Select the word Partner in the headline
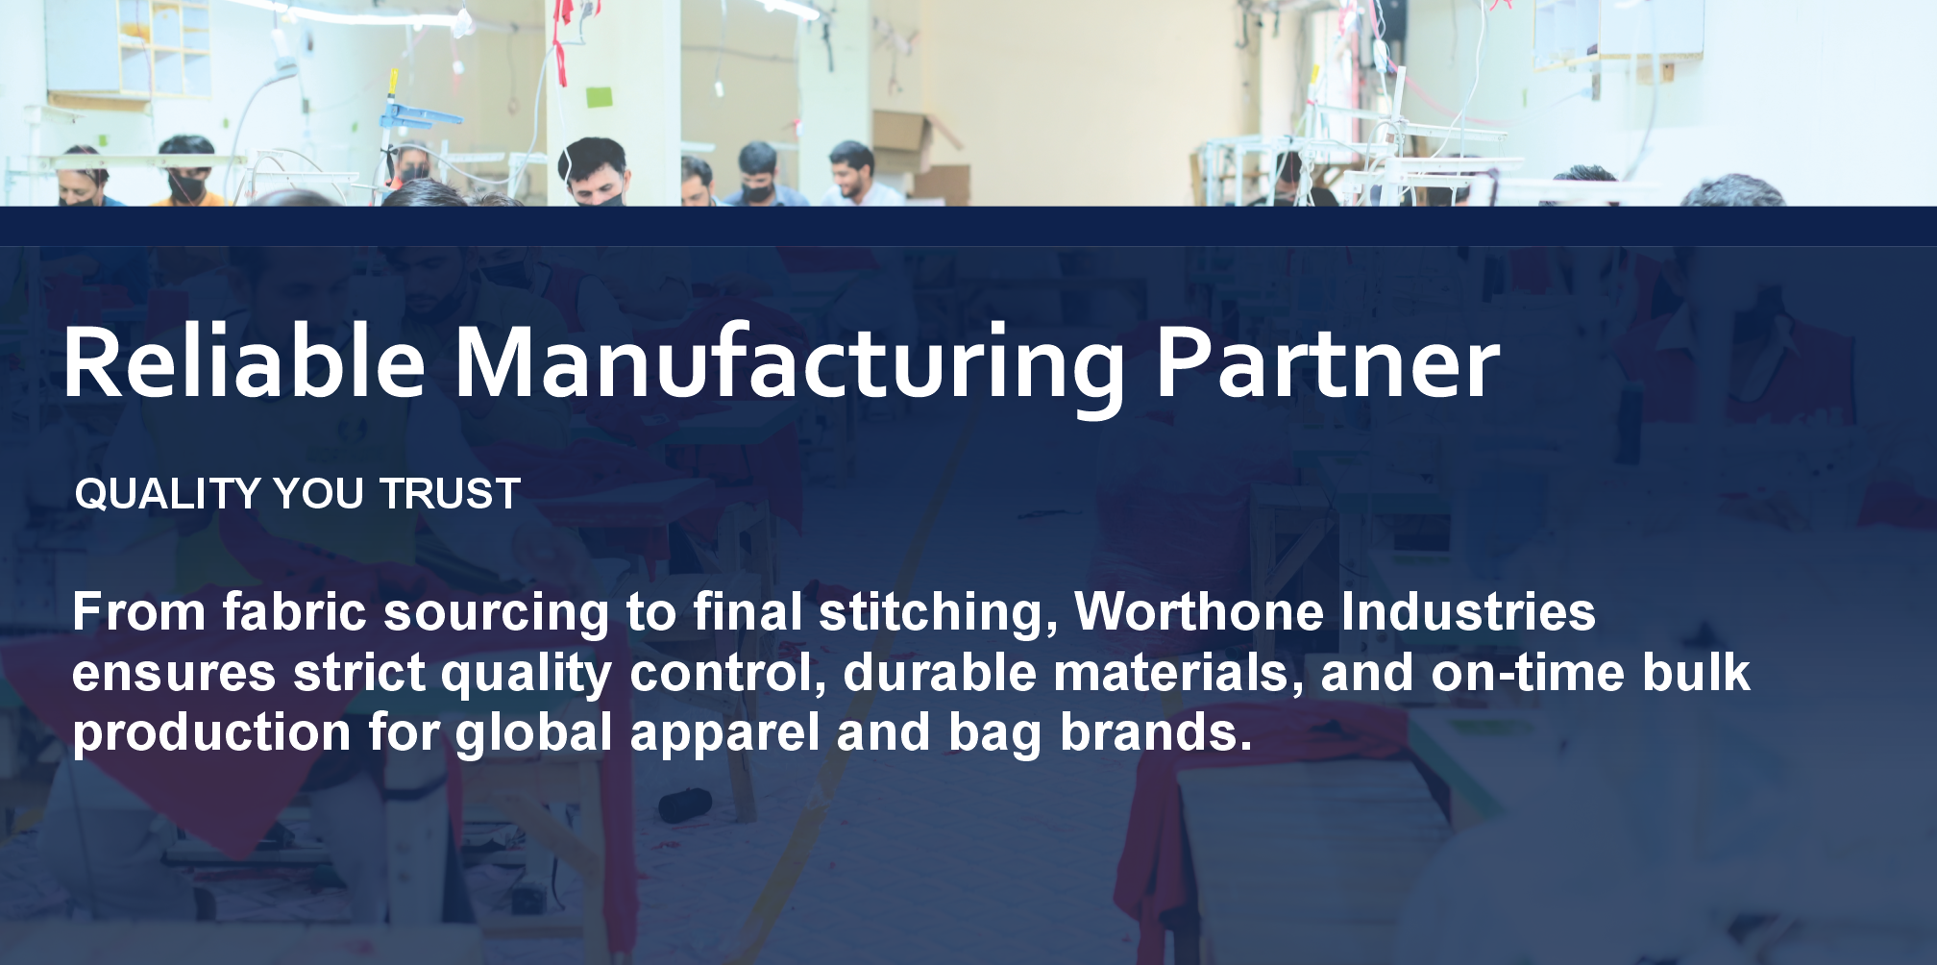coord(1327,363)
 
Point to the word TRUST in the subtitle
coord(450,494)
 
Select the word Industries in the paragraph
coord(1468,611)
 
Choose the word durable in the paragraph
coord(939,672)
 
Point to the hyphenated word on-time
coord(1528,672)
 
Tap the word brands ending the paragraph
coord(1157,731)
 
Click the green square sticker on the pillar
coord(599,98)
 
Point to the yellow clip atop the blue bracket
coord(392,84)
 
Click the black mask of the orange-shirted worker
coord(188,186)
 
